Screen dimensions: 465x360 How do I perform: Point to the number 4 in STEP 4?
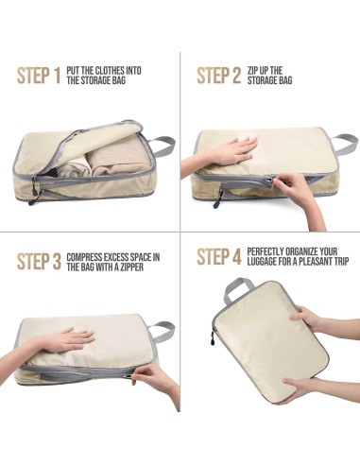pyautogui.click(x=235, y=257)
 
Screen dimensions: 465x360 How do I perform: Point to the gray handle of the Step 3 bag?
pyautogui.click(x=161, y=330)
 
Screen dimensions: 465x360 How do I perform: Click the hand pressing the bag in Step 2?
pyautogui.click(x=227, y=150)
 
